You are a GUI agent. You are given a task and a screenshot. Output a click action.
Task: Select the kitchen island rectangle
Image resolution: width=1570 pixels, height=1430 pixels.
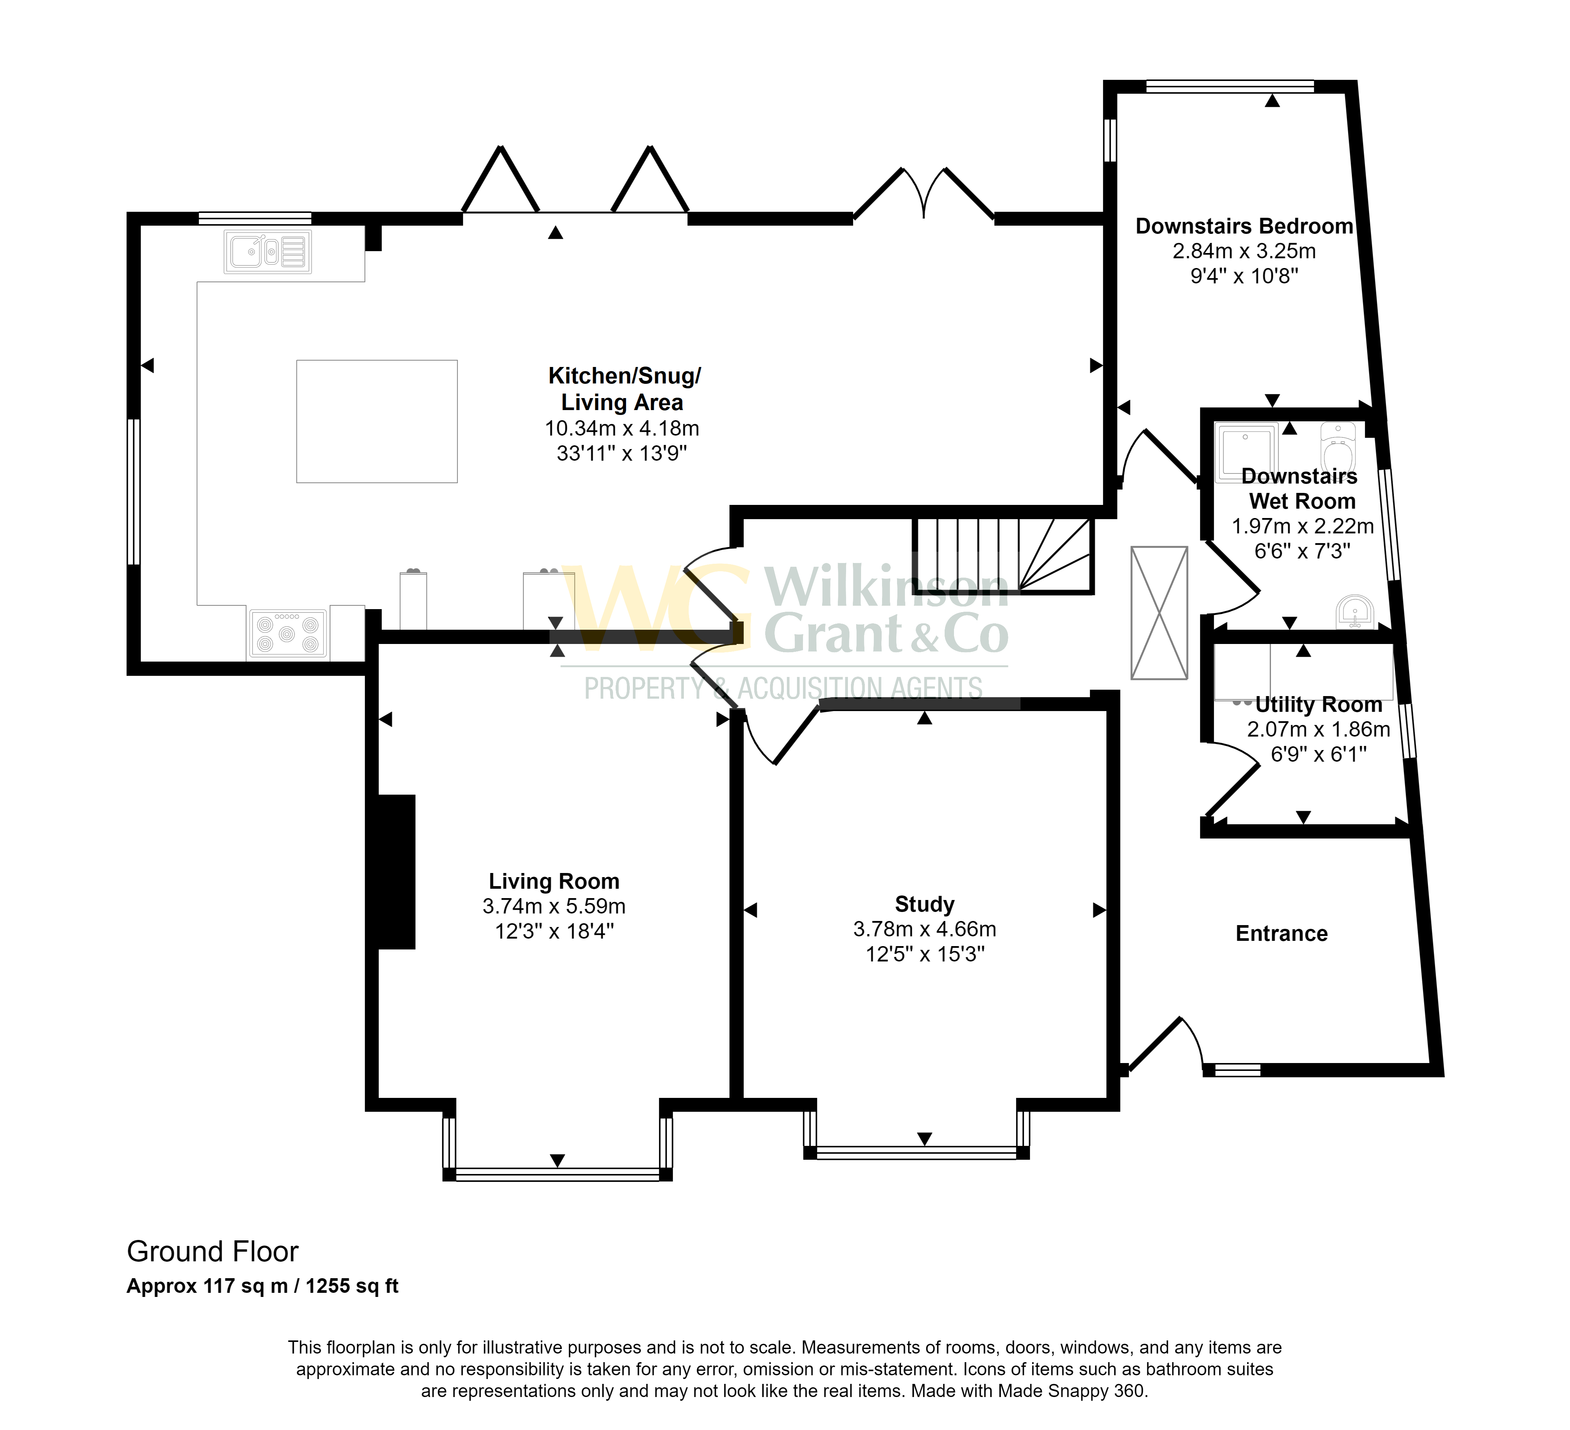click(x=377, y=421)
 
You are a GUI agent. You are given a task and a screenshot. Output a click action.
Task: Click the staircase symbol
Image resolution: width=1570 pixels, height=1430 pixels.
click(x=1003, y=556)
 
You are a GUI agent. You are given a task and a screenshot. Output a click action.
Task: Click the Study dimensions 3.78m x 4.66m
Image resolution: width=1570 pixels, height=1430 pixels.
click(x=924, y=929)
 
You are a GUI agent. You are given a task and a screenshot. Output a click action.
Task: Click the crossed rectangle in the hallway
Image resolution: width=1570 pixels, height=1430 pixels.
click(x=1159, y=613)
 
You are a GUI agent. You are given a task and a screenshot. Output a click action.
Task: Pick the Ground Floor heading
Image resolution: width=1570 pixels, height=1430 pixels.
click(x=212, y=1252)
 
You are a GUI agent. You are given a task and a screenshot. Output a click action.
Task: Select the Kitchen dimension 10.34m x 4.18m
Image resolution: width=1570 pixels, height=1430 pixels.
click(x=622, y=428)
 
